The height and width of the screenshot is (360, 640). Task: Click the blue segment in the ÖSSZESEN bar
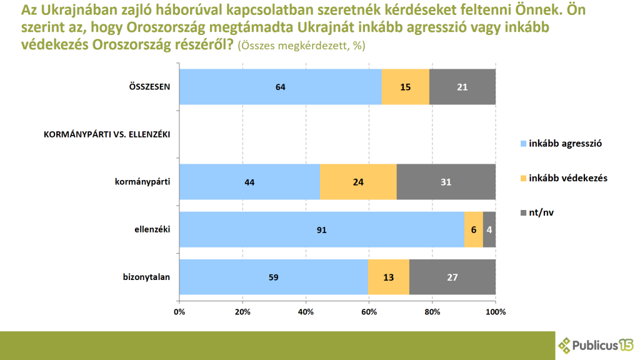(x=280, y=87)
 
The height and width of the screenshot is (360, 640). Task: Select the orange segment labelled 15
(x=405, y=87)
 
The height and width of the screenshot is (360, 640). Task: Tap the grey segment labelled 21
(x=462, y=87)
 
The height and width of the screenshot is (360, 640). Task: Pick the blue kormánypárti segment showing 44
(x=249, y=182)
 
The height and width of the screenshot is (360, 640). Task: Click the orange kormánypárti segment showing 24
(x=358, y=182)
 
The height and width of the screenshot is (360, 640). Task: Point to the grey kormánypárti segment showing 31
(x=446, y=182)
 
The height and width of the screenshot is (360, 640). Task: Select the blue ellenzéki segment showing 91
(x=321, y=229)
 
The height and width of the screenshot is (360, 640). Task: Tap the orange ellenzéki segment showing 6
(x=473, y=229)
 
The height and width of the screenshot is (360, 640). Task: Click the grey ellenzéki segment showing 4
(x=489, y=229)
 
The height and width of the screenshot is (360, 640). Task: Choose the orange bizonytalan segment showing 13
(x=388, y=277)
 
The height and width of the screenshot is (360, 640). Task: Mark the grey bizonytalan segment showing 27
(x=452, y=277)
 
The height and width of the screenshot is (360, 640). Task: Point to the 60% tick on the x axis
(x=369, y=311)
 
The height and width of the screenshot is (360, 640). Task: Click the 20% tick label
(x=242, y=311)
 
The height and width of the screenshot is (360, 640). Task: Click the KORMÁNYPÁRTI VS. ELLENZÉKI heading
(x=107, y=134)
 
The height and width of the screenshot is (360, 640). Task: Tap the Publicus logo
(x=596, y=345)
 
